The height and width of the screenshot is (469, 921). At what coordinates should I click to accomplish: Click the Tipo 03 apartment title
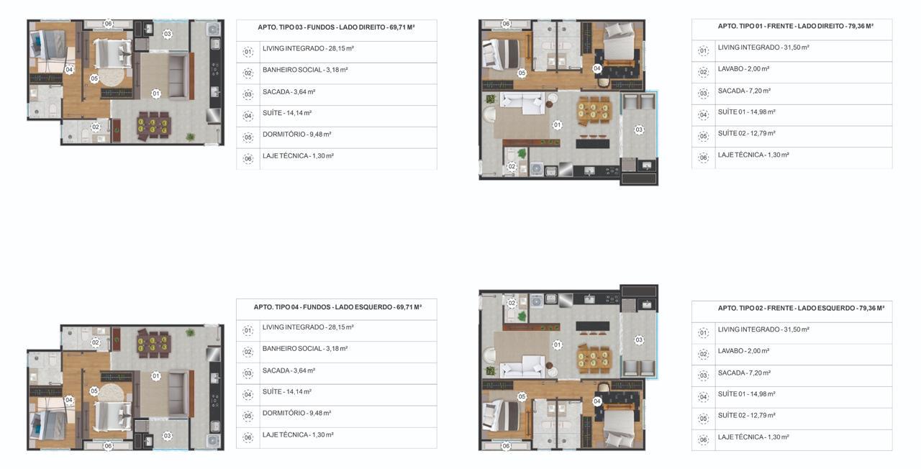click(x=336, y=27)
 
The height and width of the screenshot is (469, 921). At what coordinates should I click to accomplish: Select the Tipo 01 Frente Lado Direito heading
click(x=796, y=27)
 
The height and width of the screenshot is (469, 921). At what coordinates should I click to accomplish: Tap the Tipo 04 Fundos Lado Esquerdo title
click(x=337, y=307)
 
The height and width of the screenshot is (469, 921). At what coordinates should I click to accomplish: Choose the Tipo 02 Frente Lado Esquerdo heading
click(x=801, y=308)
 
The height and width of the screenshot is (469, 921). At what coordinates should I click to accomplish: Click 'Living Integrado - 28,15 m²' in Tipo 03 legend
click(x=309, y=48)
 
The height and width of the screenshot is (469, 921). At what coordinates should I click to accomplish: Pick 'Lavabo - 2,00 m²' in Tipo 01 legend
click(x=743, y=69)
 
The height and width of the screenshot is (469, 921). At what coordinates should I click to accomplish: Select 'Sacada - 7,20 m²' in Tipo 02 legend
click(x=744, y=373)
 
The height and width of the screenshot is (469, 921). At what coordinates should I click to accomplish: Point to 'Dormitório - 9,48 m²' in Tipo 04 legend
click(x=297, y=413)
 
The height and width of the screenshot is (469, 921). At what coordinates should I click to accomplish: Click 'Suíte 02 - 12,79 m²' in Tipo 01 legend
click(x=747, y=134)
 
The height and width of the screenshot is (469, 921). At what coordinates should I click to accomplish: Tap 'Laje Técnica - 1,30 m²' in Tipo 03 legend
click(x=298, y=156)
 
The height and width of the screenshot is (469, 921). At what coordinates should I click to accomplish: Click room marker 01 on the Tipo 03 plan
click(x=156, y=94)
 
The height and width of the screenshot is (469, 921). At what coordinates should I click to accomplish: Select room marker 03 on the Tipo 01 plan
click(x=638, y=130)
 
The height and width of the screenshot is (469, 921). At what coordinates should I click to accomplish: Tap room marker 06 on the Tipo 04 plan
click(x=108, y=445)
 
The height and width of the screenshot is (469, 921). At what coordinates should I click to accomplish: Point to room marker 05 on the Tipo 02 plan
click(x=522, y=396)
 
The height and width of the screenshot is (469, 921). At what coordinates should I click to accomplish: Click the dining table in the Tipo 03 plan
click(x=153, y=126)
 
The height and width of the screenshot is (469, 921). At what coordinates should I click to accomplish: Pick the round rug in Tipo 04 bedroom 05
click(x=111, y=393)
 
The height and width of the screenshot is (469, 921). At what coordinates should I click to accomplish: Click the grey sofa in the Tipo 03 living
click(x=178, y=76)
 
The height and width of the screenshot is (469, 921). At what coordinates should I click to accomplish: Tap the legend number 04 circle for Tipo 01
click(x=703, y=115)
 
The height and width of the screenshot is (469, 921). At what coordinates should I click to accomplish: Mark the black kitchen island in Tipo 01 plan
click(x=592, y=144)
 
